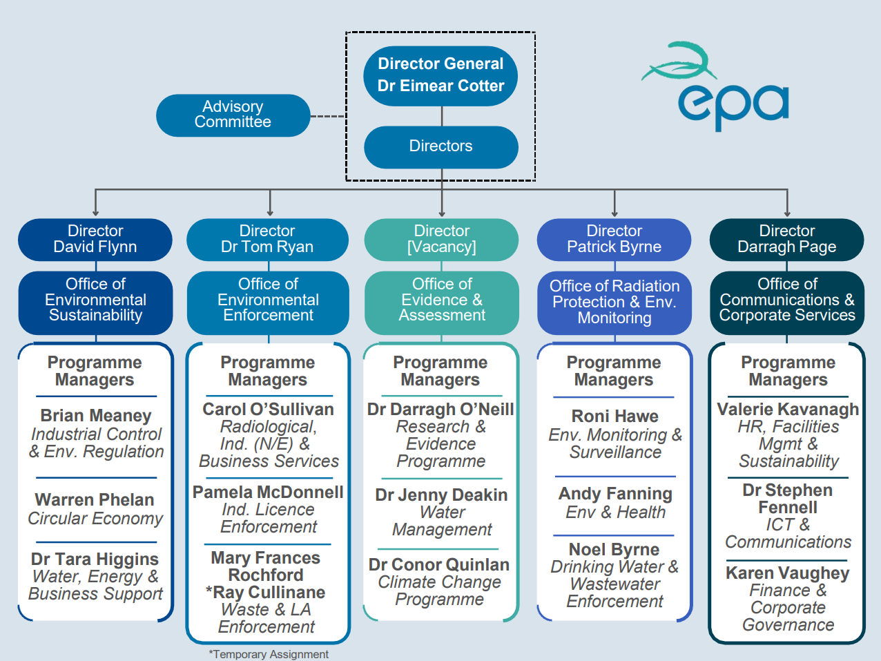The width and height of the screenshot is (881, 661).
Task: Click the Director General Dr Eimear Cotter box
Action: coord(440,75)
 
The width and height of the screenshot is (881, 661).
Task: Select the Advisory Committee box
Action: coord(233,115)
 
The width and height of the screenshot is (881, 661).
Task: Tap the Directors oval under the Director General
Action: coord(440,146)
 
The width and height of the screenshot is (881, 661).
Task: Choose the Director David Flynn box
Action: coord(95,239)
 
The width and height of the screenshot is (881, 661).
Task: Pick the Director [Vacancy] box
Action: coord(441,239)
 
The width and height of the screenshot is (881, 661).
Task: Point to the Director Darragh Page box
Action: coord(786,239)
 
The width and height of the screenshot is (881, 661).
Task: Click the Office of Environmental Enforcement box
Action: coord(268,300)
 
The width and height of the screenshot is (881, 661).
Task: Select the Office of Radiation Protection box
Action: coord(614,302)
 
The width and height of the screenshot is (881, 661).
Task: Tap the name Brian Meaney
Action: coord(95,416)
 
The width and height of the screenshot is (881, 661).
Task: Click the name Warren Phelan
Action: coord(95,499)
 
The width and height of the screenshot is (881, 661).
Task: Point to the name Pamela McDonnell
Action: coord(268,492)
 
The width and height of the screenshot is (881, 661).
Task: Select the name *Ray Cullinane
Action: coord(266,592)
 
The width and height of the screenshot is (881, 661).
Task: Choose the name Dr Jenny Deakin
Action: coord(441,495)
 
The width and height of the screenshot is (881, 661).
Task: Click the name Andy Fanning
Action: coord(615,493)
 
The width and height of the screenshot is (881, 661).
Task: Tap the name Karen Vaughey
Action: coord(788,573)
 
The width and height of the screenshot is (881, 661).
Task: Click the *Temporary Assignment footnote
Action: coord(269,653)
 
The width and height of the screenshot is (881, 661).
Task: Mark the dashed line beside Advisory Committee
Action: coord(328,116)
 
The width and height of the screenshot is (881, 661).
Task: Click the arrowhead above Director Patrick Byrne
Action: coord(614,213)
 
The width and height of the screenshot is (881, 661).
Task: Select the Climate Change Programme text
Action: coord(440,591)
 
